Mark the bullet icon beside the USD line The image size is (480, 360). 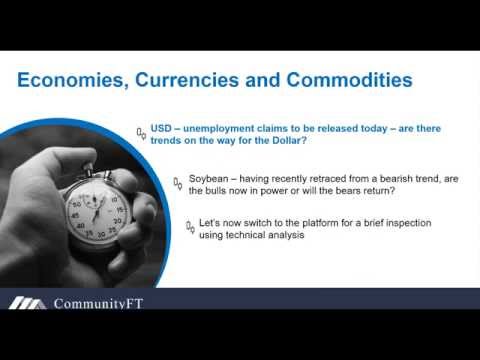[141, 133]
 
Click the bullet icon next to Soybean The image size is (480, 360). [178, 183]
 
